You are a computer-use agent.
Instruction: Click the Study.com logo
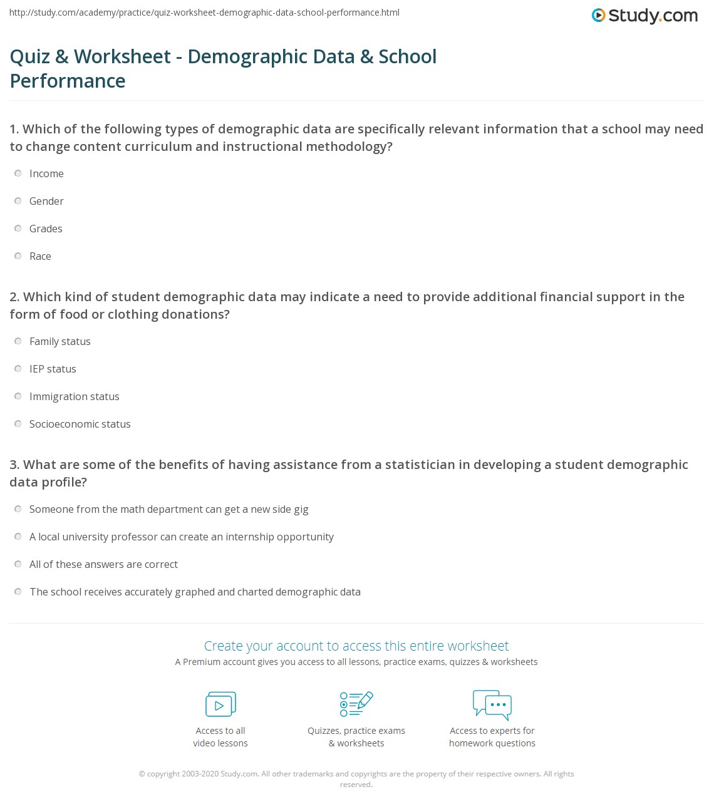point(644,16)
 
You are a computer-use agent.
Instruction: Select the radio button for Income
point(18,173)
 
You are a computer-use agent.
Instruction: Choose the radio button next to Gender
point(18,201)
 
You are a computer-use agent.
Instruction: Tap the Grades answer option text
point(46,229)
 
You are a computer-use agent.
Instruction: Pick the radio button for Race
point(18,256)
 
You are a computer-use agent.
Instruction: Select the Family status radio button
point(18,341)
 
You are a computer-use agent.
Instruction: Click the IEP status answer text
point(53,369)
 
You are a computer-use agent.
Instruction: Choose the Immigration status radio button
point(18,396)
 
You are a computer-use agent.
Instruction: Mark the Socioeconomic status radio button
point(18,424)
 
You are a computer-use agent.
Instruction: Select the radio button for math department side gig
point(18,509)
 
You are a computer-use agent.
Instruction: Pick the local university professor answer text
point(181,537)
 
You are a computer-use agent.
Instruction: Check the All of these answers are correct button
point(18,564)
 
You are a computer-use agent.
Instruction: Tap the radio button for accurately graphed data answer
point(18,592)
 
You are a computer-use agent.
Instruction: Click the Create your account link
point(356,646)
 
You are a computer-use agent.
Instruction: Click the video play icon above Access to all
point(220,704)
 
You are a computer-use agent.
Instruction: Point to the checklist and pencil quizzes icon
point(356,704)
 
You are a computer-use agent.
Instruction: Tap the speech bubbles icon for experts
point(492,704)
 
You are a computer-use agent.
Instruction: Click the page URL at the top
point(204,13)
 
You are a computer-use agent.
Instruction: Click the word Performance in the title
point(68,81)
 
